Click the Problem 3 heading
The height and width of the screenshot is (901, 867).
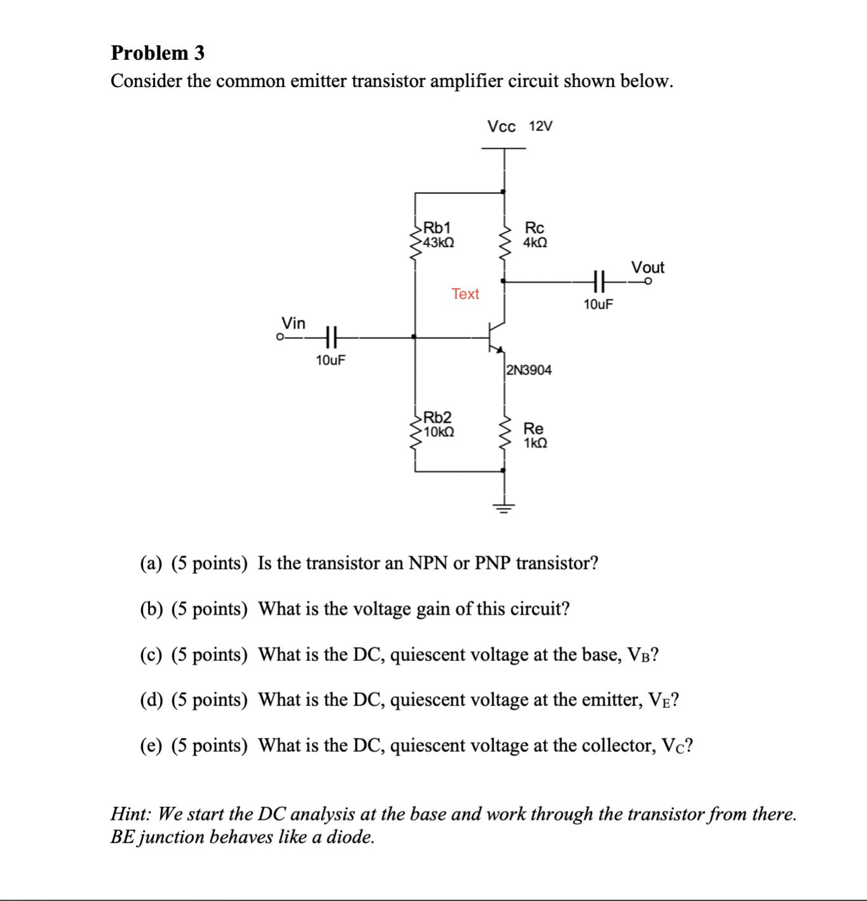click(x=158, y=53)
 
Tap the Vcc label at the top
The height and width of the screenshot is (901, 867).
click(x=501, y=126)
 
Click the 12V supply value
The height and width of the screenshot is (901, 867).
click(x=541, y=126)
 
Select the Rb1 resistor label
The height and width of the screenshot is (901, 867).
click(x=437, y=227)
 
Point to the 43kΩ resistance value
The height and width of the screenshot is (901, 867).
click(x=439, y=243)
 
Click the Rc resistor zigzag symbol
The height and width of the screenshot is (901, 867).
click(x=505, y=242)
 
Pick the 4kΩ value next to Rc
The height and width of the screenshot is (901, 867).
click(x=535, y=243)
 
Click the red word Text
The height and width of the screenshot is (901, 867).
click(x=465, y=294)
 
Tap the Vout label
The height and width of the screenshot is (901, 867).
click(x=647, y=267)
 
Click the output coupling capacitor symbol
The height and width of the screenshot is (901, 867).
click(x=598, y=280)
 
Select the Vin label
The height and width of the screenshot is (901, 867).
click(x=293, y=323)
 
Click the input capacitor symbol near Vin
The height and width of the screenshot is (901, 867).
click(x=330, y=337)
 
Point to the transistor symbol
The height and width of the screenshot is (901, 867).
click(x=496, y=337)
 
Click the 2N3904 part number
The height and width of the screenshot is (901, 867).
click(x=529, y=370)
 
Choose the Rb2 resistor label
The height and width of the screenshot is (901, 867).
click(x=437, y=417)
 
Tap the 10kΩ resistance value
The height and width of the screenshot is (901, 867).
click(x=439, y=432)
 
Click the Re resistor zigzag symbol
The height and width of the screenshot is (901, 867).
click(x=505, y=433)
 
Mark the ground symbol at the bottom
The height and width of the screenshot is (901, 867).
click(x=504, y=507)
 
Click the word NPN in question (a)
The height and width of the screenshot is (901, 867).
click(x=428, y=563)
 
